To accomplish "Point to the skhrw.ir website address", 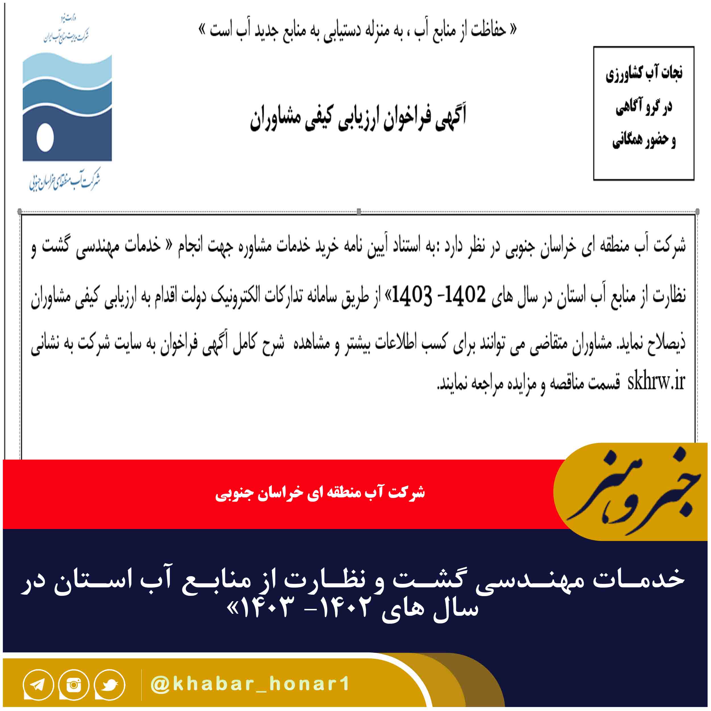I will tap(656, 382).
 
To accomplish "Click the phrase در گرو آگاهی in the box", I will tap(644, 107).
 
